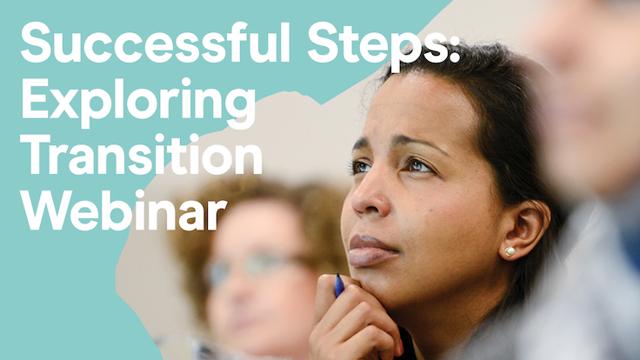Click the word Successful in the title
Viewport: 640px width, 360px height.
click(155, 43)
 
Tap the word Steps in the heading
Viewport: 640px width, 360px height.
click(376, 46)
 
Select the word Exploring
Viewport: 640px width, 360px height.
click(138, 103)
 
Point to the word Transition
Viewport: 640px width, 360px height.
click(141, 154)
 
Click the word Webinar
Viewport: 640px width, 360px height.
click(123, 210)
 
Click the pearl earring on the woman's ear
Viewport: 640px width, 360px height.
click(510, 251)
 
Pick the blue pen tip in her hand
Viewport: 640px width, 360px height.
click(339, 285)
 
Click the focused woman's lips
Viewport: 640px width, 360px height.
click(372, 250)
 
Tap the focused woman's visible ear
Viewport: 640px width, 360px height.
click(524, 229)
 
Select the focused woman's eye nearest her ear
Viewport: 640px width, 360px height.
click(419, 166)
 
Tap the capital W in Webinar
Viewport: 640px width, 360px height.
click(44, 211)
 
